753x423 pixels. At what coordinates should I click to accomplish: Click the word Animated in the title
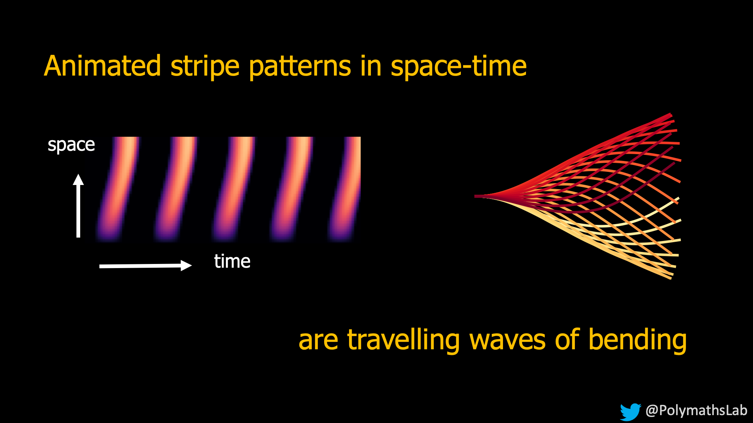pos(102,66)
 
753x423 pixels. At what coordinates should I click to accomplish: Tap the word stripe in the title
pos(205,67)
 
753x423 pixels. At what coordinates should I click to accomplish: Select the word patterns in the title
pos(300,67)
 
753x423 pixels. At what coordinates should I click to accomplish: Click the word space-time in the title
pos(459,67)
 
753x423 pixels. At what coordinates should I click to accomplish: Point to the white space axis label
pos(71,145)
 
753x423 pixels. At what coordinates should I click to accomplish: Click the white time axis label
pos(232,261)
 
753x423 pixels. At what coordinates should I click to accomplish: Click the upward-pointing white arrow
pos(78,206)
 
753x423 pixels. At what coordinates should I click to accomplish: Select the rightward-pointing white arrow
pos(146,265)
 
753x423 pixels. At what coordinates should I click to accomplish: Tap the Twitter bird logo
pos(630,412)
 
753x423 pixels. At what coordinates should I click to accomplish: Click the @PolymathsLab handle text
pos(697,410)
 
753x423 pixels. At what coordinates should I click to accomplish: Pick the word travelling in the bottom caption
pos(403,340)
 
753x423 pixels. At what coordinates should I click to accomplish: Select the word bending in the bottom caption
pos(637,340)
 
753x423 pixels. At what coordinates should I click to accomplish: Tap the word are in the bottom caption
pos(318,341)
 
